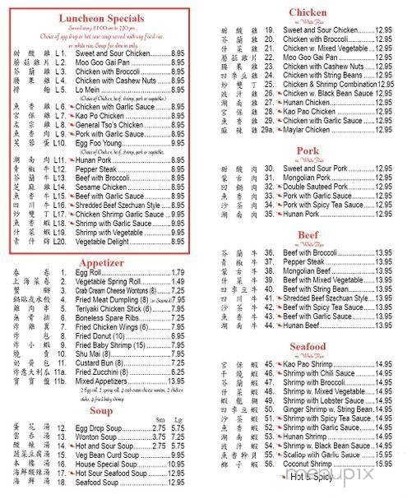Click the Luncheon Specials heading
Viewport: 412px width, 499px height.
tap(102, 17)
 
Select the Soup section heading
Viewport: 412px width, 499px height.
tap(101, 409)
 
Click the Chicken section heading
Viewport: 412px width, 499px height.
tap(308, 12)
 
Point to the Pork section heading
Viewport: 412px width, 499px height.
tap(308, 151)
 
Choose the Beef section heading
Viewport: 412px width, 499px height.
tap(308, 234)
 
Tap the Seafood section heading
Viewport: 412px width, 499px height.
tap(308, 346)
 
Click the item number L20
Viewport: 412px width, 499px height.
tap(59, 242)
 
